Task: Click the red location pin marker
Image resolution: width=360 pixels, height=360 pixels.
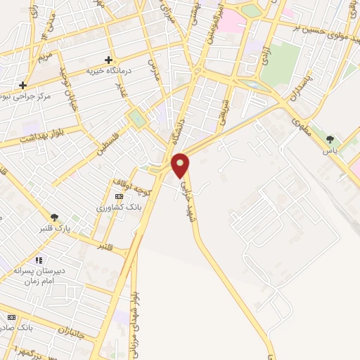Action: coord(181,166)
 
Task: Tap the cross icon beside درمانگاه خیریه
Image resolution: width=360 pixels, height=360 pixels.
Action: coord(108,60)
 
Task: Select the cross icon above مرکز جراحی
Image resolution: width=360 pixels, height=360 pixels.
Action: coord(23,85)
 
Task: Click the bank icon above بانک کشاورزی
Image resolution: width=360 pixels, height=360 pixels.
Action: coord(119,196)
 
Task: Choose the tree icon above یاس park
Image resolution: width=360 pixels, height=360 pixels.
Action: coord(330,139)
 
